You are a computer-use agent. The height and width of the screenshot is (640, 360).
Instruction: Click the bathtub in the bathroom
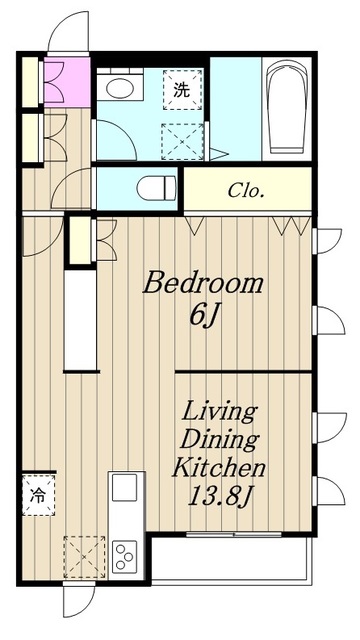(286, 107)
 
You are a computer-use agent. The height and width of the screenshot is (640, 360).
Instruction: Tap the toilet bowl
(155, 189)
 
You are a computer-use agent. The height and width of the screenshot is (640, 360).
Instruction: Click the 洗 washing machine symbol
(182, 90)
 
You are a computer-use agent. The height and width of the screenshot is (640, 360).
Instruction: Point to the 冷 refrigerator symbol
(38, 495)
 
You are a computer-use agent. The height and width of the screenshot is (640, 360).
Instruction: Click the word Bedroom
(202, 283)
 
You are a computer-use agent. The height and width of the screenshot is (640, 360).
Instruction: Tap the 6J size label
(202, 316)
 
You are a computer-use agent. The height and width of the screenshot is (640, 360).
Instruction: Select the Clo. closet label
(245, 191)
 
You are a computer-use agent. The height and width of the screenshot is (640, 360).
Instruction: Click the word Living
(219, 413)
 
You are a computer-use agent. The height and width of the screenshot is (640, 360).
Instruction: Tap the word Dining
(219, 440)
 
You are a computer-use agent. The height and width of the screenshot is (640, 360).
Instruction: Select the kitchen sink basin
(124, 487)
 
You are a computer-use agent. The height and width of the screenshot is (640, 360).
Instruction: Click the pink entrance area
(67, 82)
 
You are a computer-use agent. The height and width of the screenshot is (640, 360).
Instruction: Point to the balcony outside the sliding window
(231, 558)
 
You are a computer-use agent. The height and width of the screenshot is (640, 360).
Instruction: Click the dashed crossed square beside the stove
(84, 557)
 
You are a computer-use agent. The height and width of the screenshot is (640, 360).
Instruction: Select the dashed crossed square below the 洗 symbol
(182, 141)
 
